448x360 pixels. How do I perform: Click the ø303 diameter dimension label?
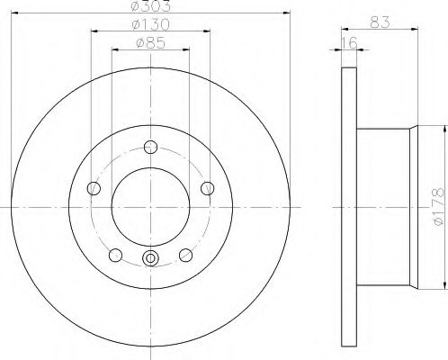click(151, 5)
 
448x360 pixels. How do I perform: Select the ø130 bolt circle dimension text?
click(150, 24)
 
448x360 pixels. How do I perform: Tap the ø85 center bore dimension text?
click(150, 43)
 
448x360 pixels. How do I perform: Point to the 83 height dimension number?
click(380, 22)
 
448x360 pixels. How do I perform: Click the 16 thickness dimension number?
click(350, 43)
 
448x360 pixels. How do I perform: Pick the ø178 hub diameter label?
click(439, 207)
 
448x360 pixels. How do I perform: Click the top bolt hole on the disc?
click(150, 147)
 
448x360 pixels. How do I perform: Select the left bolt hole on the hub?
click(94, 188)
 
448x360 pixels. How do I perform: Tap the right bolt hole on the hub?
click(207, 188)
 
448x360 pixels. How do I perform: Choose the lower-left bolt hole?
click(115, 256)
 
